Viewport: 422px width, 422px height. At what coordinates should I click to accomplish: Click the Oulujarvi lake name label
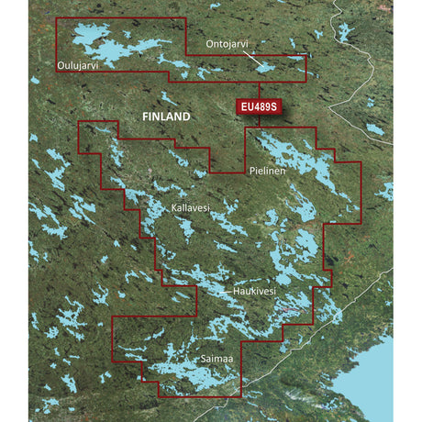[x=74, y=65]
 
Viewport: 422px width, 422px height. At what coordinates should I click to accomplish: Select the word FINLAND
[x=166, y=117]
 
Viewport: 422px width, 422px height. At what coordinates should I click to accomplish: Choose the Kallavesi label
[x=191, y=209]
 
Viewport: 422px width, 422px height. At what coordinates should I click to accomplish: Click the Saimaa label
[x=202, y=361]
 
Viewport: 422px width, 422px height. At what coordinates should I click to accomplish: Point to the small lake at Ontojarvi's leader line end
[x=265, y=67]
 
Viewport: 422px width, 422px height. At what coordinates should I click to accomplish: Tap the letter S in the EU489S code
[x=272, y=108]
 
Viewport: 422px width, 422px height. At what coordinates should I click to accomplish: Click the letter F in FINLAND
[x=145, y=117]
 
